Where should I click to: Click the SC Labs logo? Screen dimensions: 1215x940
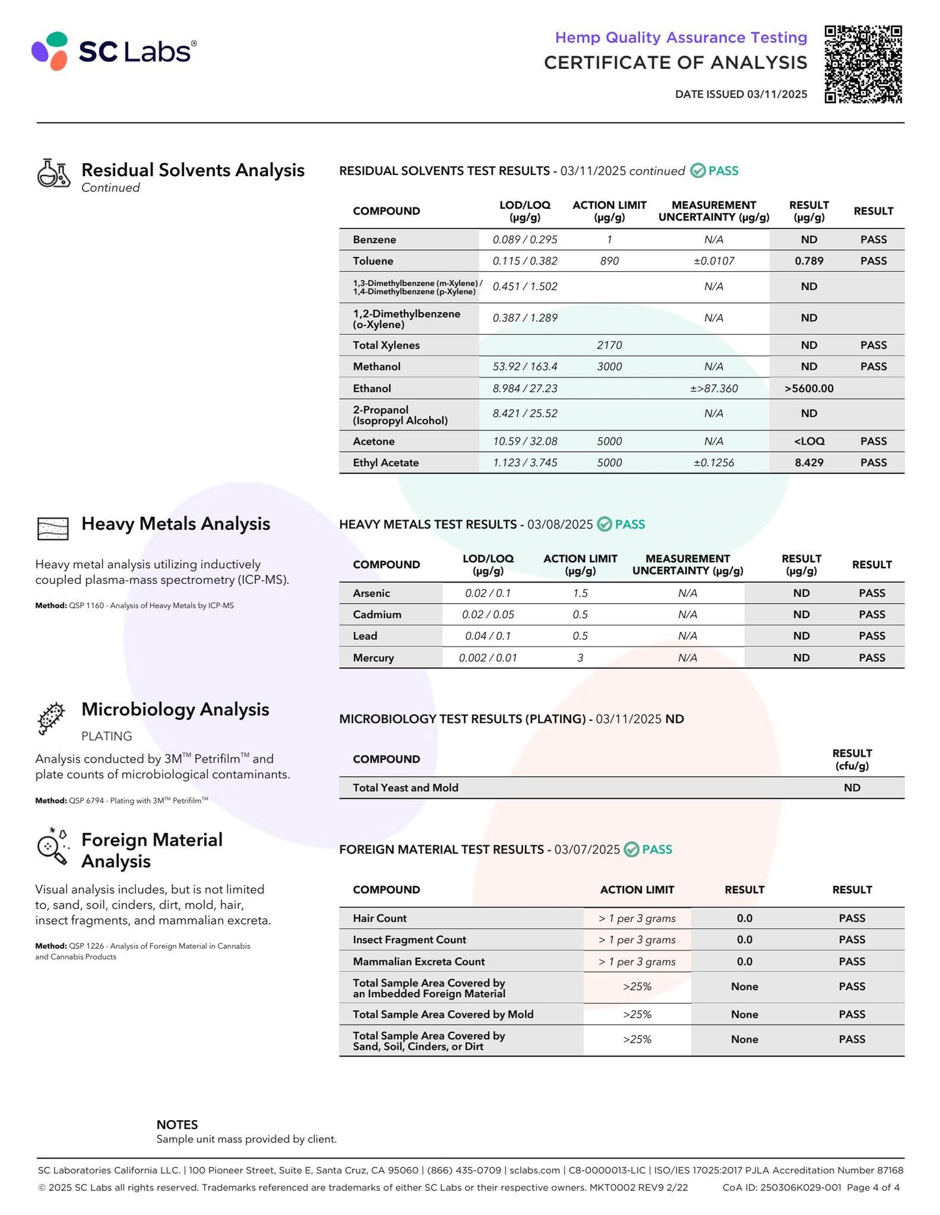(114, 51)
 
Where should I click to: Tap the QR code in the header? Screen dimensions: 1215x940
(863, 64)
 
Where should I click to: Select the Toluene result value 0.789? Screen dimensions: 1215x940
(809, 261)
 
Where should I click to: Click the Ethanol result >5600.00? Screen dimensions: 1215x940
(809, 388)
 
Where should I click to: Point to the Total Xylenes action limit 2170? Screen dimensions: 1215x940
(609, 345)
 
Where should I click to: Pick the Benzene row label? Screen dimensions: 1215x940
(374, 239)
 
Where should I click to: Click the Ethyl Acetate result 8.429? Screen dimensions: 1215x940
(809, 462)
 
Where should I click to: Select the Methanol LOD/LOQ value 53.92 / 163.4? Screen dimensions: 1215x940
(525, 367)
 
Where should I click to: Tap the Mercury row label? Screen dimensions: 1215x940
(373, 657)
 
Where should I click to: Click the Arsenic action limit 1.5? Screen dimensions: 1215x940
(580, 593)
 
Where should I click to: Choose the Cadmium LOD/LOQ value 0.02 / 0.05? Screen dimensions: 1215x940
(488, 614)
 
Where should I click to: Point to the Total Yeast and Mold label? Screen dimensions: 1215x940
(405, 787)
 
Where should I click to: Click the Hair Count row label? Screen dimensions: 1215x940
(379, 918)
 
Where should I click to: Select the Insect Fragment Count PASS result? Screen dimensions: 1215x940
(852, 939)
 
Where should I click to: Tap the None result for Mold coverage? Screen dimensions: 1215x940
(744, 1014)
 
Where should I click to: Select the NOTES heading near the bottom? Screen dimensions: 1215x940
(177, 1125)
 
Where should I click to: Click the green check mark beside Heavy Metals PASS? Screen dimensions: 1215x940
(604, 524)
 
